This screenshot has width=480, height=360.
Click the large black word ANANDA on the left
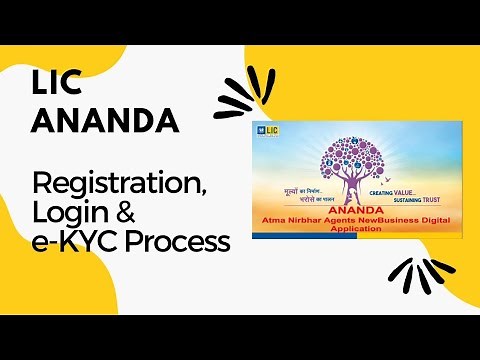point(106,121)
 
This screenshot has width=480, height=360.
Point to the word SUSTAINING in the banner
point(407,200)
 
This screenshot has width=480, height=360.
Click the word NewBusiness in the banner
point(384,219)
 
